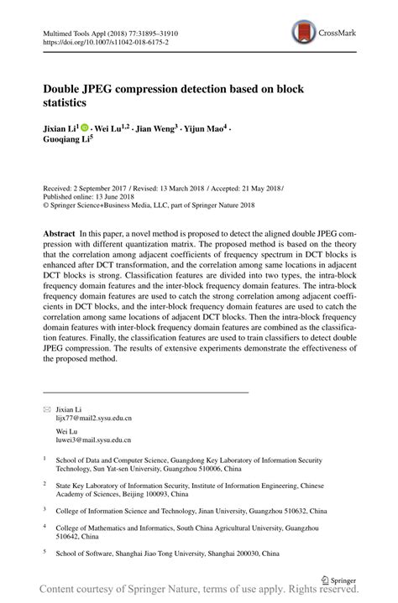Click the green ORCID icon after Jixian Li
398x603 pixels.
[x=85, y=128]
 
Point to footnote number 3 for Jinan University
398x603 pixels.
[x=45, y=507]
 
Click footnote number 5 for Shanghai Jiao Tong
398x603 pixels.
[x=45, y=553]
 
